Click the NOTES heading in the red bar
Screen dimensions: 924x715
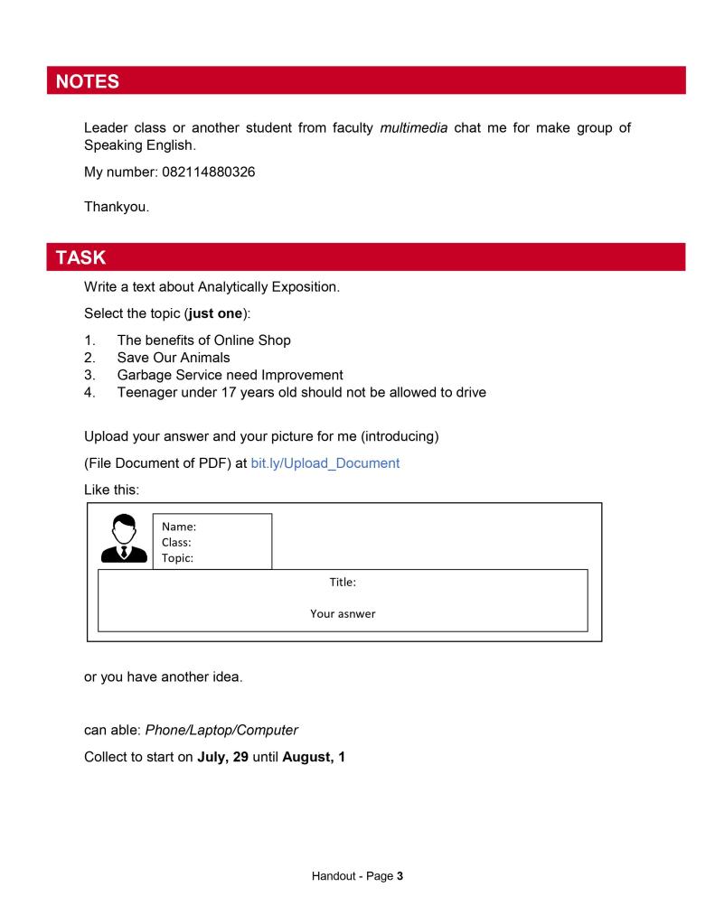click(87, 81)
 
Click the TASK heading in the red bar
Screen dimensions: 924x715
click(80, 257)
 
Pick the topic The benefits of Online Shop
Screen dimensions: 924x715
click(203, 341)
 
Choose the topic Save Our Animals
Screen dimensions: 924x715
click(174, 358)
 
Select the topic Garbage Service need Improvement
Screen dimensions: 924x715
click(230, 375)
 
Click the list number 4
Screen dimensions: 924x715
click(89, 392)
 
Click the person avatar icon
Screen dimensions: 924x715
click(124, 538)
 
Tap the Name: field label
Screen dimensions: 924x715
click(179, 527)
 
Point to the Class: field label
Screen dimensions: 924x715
click(176, 543)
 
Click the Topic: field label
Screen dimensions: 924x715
click(178, 558)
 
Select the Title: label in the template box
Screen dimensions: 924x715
click(343, 583)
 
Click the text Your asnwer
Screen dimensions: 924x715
click(343, 613)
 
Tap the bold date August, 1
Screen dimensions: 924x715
click(314, 756)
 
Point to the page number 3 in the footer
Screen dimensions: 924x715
click(400, 875)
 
